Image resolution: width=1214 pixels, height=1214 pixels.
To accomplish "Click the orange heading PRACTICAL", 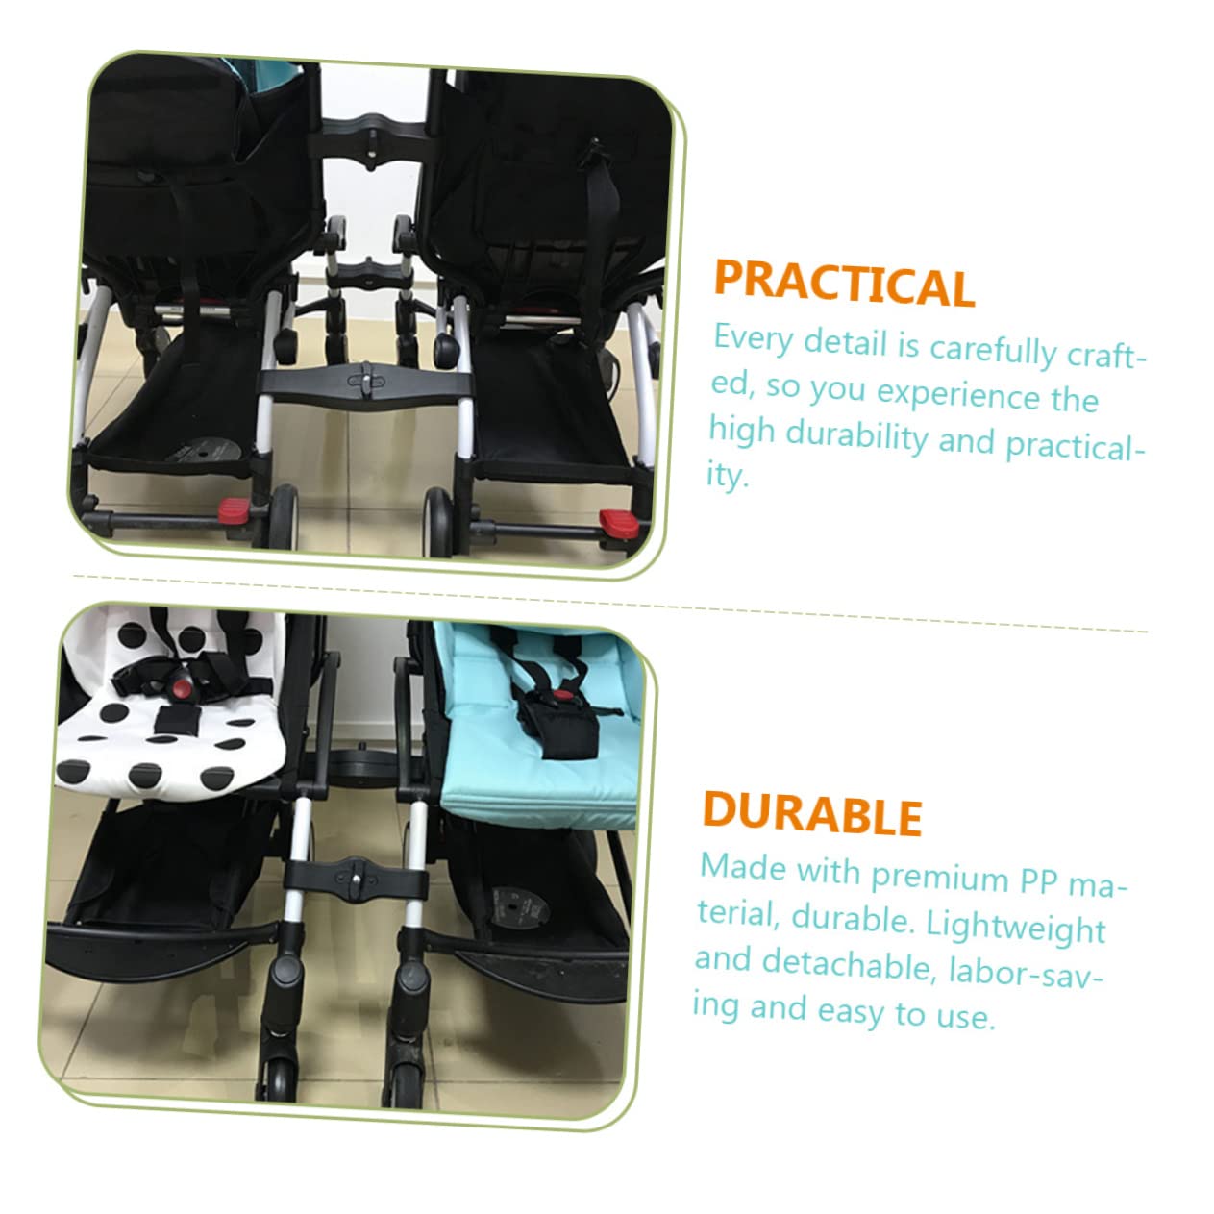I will [844, 285].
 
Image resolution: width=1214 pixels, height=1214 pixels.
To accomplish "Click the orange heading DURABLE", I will [812, 813].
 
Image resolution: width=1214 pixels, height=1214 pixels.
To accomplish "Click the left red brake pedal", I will [234, 507].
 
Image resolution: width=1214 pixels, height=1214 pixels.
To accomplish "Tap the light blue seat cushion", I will [538, 769].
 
